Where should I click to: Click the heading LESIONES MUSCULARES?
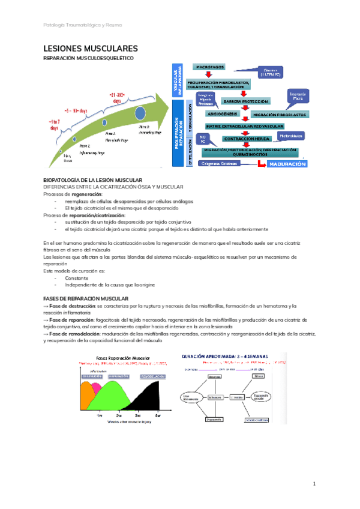point(91,48)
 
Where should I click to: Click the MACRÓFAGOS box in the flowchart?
point(209,66)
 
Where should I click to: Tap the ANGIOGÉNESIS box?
point(223,113)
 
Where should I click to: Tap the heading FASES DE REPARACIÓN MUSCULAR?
point(86,298)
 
